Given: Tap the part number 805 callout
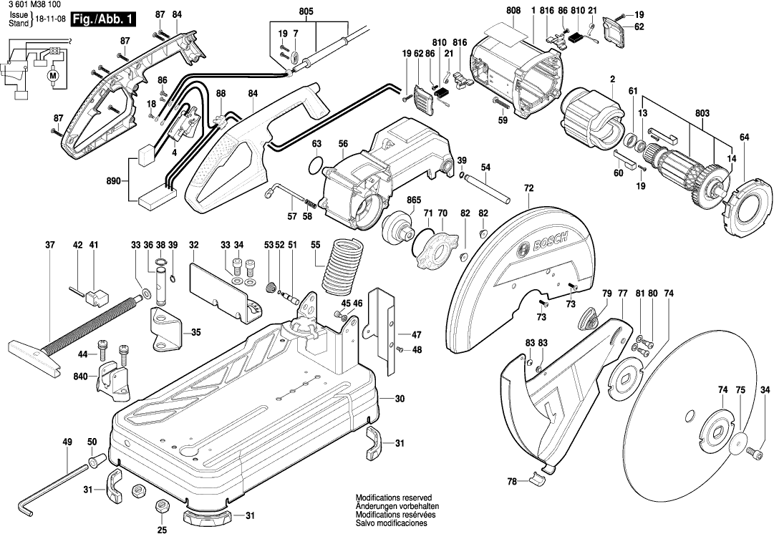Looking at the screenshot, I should (x=306, y=11).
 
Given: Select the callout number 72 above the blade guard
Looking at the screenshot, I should (x=529, y=188).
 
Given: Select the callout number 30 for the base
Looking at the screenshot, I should (x=400, y=399).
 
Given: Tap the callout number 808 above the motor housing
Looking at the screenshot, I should (x=513, y=11).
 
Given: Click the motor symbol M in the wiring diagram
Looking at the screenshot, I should (x=52, y=73).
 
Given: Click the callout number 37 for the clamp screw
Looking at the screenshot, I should (x=49, y=246).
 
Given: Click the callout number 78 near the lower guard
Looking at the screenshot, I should (x=511, y=482).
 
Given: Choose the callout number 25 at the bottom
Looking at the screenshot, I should (x=162, y=530).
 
